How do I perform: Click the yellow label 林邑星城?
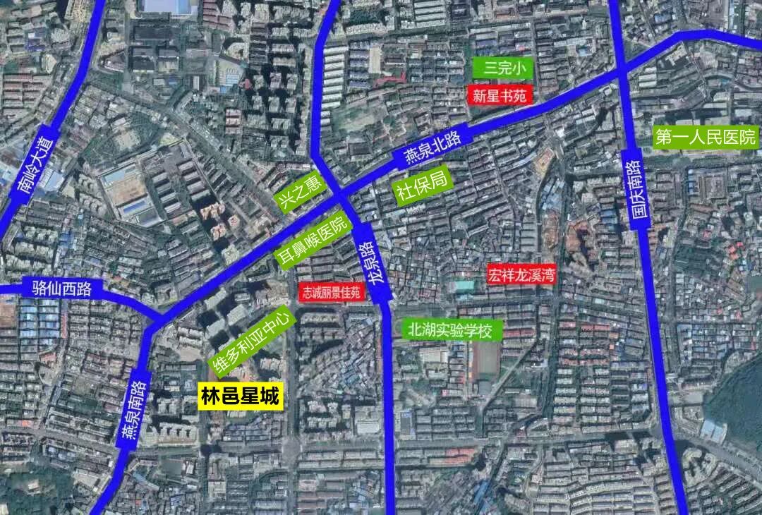[x=240, y=396]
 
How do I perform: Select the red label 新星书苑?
[x=500, y=95]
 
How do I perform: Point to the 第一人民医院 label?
[x=705, y=137]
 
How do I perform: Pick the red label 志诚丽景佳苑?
[x=332, y=292]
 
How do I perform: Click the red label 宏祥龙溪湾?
[x=521, y=274]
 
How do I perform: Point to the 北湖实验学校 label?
[x=452, y=329]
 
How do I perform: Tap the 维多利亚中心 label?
[x=252, y=341]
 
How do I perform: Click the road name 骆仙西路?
[x=62, y=288]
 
